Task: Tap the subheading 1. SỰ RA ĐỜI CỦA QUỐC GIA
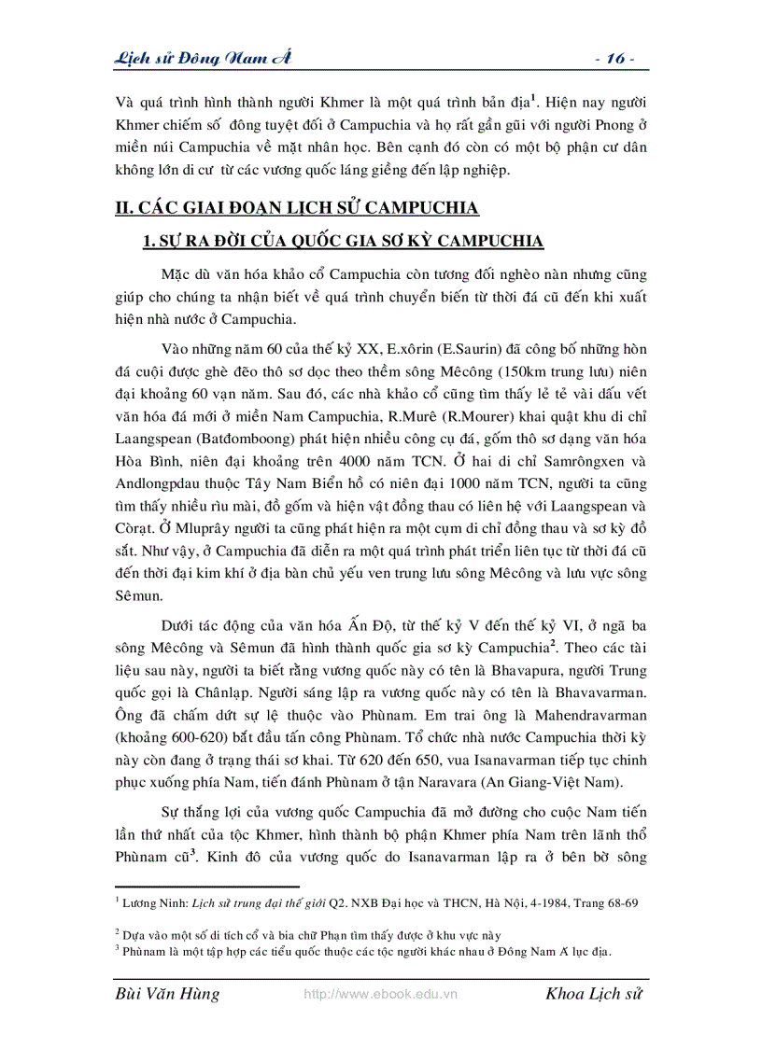pyautogui.click(x=342, y=242)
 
